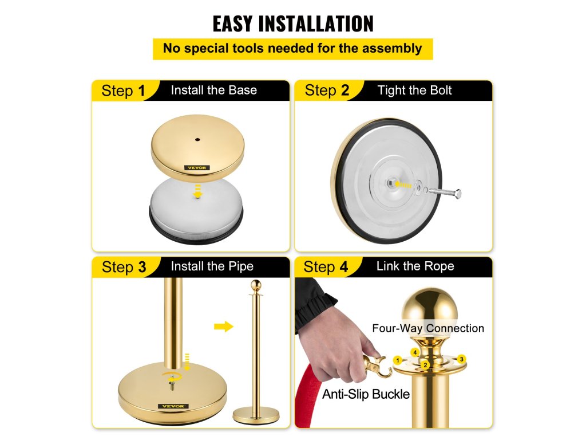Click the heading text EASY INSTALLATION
point(293,23)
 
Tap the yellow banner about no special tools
point(292,49)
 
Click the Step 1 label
point(123,91)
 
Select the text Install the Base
point(214,90)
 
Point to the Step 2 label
point(327,91)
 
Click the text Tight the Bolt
point(414,90)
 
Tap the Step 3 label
point(124,267)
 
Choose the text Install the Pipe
point(212,266)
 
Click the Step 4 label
point(326,267)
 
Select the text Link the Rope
point(415,266)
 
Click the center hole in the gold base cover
point(197,140)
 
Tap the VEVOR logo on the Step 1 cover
point(197,168)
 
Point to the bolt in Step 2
point(445,192)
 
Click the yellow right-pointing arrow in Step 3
point(224,327)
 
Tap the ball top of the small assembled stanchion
point(256,285)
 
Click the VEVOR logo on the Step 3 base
point(173,406)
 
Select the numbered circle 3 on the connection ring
point(462,359)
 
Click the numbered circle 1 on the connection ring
point(398,360)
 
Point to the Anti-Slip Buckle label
point(366,394)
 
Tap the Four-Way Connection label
point(428,328)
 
